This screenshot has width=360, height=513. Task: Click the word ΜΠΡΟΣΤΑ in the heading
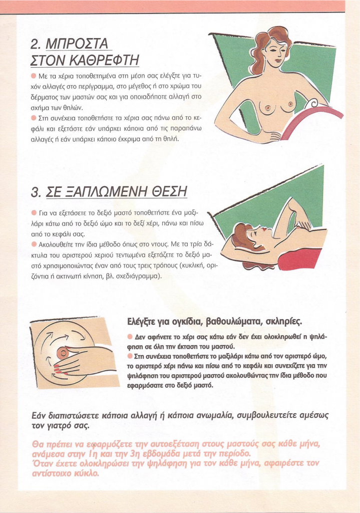click(77, 44)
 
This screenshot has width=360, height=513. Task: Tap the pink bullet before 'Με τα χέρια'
click(34, 76)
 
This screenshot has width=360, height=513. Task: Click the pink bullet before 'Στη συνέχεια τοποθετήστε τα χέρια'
click(34, 117)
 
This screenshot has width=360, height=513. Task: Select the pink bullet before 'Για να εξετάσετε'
click(34, 213)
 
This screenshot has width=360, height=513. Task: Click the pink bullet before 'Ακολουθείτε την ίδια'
click(34, 244)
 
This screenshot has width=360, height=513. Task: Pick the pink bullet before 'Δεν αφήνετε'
click(130, 336)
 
